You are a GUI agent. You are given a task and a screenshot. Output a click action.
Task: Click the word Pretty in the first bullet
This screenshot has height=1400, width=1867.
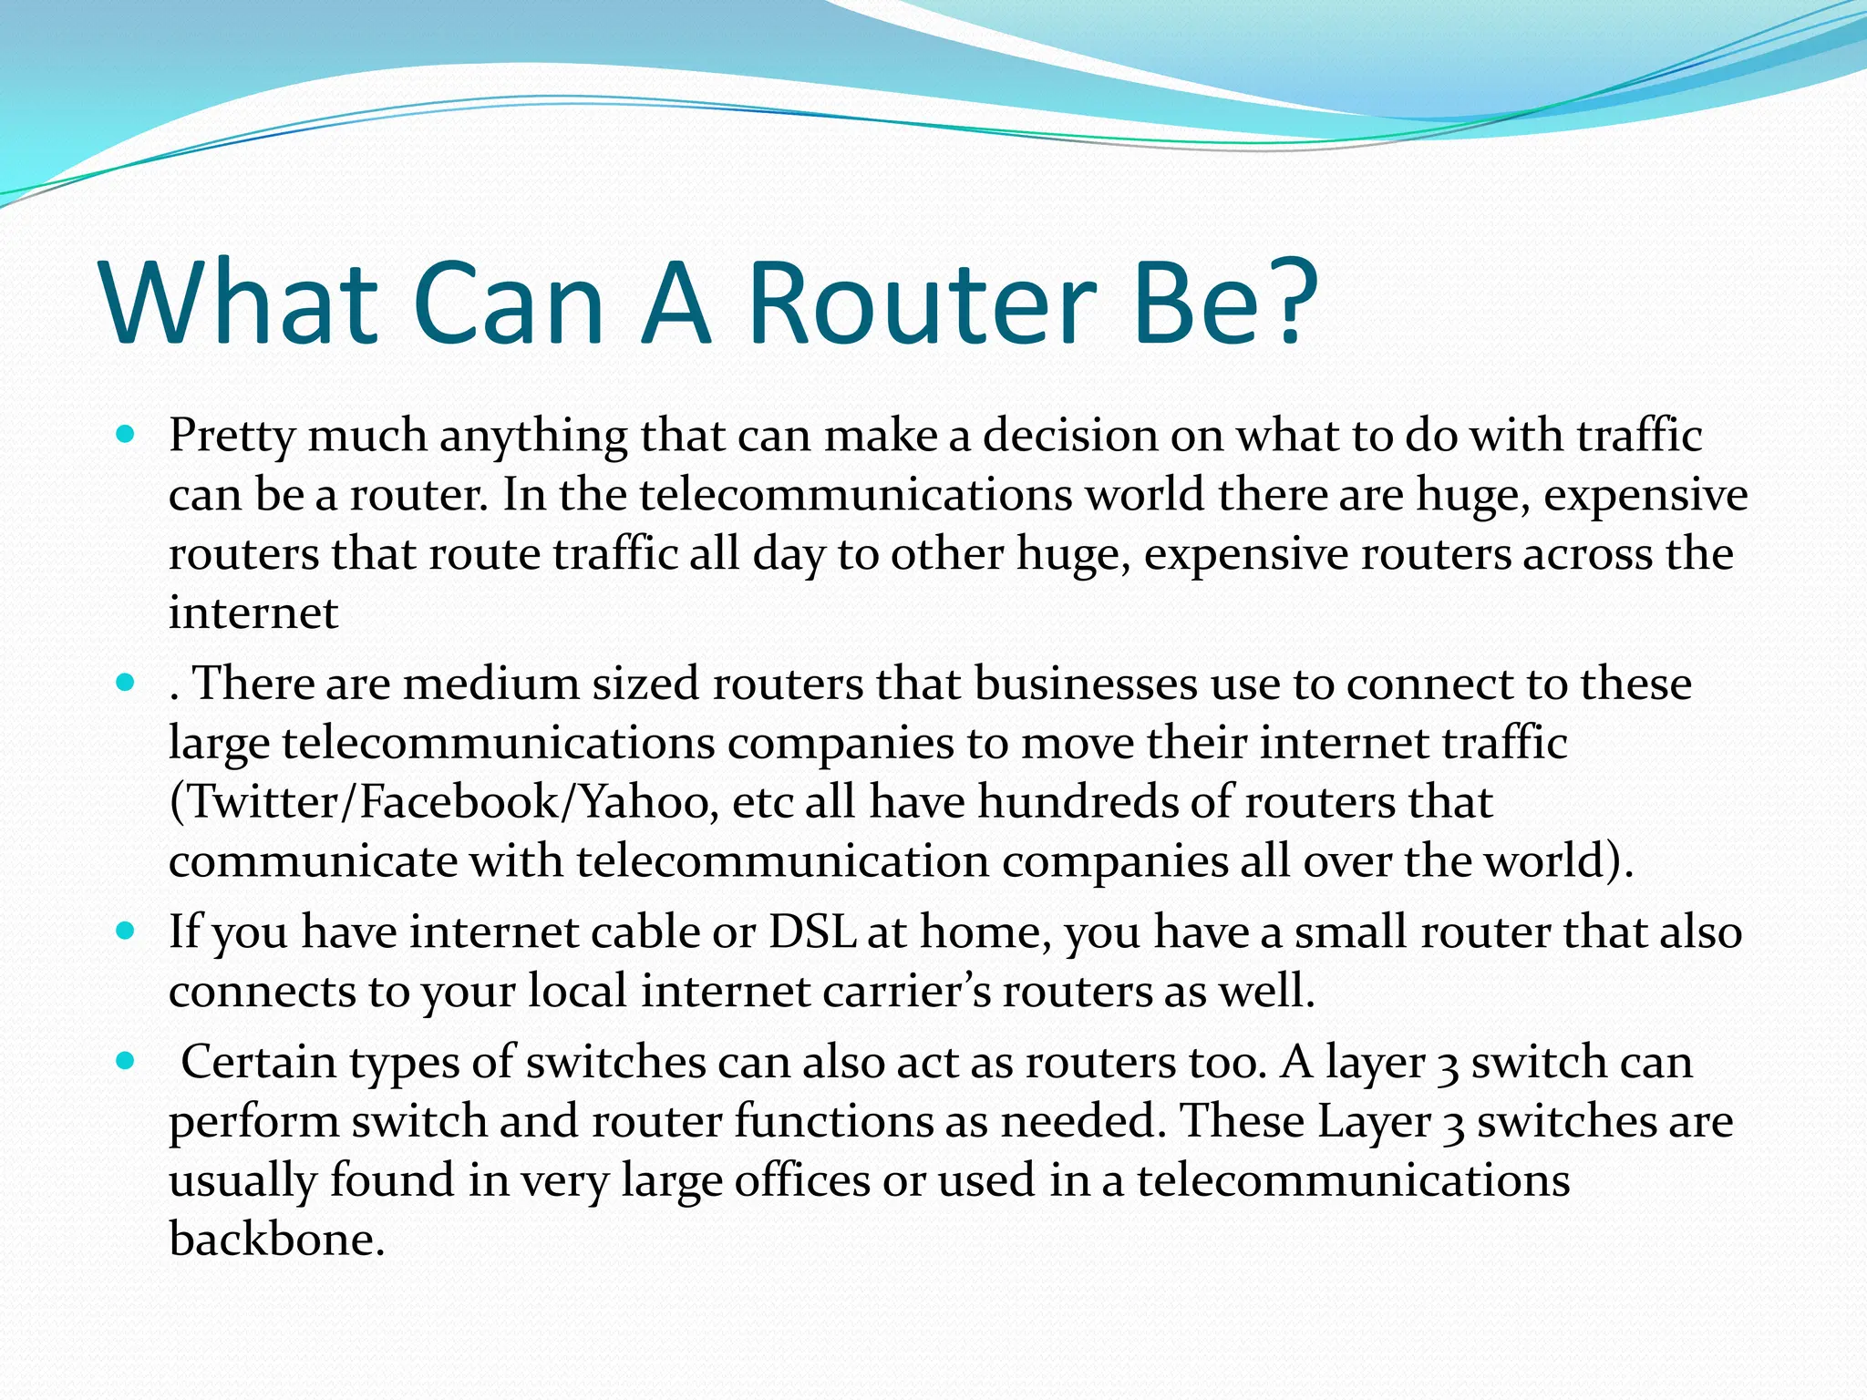[x=232, y=437]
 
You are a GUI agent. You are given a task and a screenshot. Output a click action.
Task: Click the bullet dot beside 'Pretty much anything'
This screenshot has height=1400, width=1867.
[x=127, y=434]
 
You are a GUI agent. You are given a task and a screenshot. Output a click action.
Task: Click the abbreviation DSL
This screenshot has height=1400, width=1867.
[x=812, y=932]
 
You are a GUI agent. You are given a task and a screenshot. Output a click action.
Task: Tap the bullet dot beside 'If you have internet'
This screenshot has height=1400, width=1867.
[x=127, y=932]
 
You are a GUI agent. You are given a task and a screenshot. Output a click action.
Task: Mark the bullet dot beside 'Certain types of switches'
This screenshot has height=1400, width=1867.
[x=127, y=1061]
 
